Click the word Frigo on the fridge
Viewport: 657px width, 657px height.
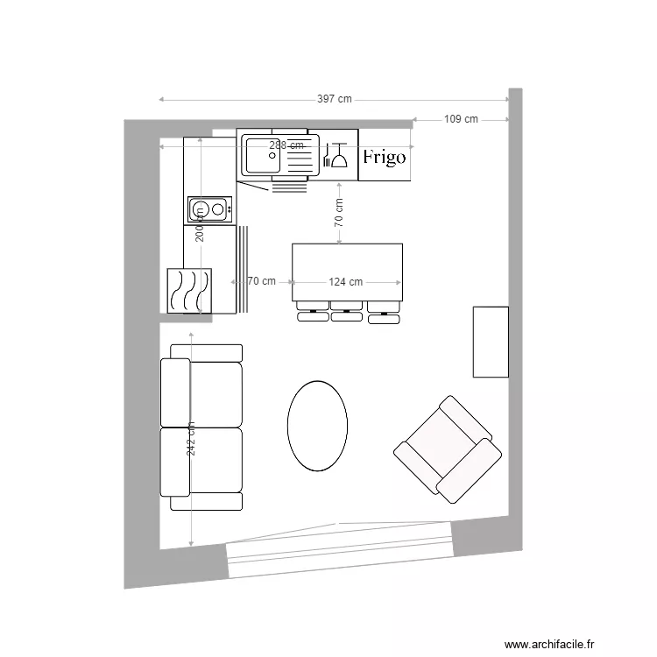pos(385,158)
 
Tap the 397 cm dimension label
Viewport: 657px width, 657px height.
pos(334,99)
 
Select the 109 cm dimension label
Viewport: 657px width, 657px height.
pos(461,119)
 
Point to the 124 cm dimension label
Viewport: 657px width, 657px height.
pos(346,282)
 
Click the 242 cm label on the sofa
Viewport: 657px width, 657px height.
pos(191,437)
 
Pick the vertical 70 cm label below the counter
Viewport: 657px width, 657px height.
pos(338,213)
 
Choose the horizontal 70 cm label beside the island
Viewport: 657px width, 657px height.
pos(261,282)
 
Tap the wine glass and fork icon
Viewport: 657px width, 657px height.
pos(336,156)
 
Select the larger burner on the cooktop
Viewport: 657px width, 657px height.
pos(201,208)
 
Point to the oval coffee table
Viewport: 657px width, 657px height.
pos(317,425)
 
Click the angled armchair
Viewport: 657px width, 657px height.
pos(448,448)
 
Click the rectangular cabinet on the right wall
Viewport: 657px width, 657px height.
pos(491,342)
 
